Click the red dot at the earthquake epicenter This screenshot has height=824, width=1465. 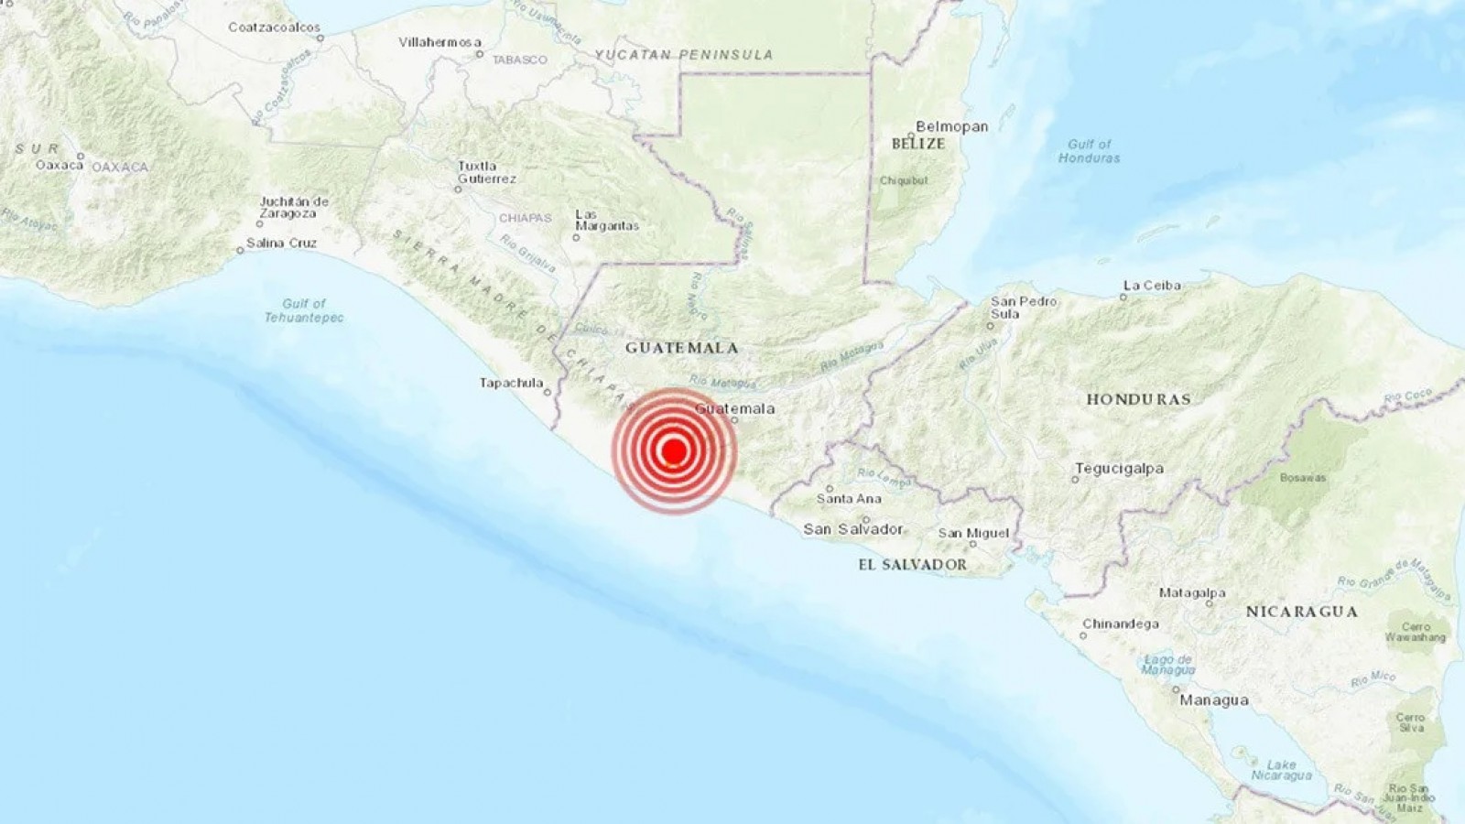pos(674,450)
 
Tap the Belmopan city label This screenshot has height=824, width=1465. pos(952,127)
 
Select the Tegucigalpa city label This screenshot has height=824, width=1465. pos(1119,469)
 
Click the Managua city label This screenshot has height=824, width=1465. pos(1213,700)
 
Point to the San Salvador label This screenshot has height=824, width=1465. pos(852,529)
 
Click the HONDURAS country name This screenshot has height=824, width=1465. pos(1138,399)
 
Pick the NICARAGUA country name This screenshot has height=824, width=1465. pos(1301,612)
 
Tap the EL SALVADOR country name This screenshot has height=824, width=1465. pos(912,565)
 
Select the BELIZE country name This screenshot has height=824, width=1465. pos(918,144)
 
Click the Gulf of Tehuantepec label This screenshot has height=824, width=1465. pos(304,310)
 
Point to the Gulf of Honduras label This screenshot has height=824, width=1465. pos(1089,151)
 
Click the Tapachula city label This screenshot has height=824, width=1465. pos(511,383)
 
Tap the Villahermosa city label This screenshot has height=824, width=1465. pos(439,42)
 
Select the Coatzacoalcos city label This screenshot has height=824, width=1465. pos(274,27)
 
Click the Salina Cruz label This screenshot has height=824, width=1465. pos(281,243)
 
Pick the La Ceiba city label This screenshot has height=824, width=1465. pos(1151,286)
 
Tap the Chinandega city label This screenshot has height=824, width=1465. pos(1120,624)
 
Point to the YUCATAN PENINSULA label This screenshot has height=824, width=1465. pos(684,55)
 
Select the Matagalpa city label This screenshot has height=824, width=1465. pos(1191,593)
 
